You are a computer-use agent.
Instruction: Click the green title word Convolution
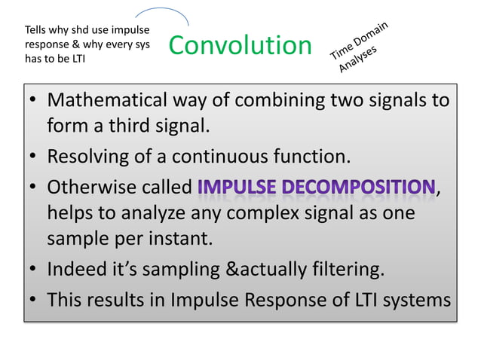point(240,45)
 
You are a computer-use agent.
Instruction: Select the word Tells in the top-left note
point(36,30)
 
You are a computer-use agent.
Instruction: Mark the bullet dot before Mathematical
point(35,102)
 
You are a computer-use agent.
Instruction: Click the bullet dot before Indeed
point(35,271)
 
